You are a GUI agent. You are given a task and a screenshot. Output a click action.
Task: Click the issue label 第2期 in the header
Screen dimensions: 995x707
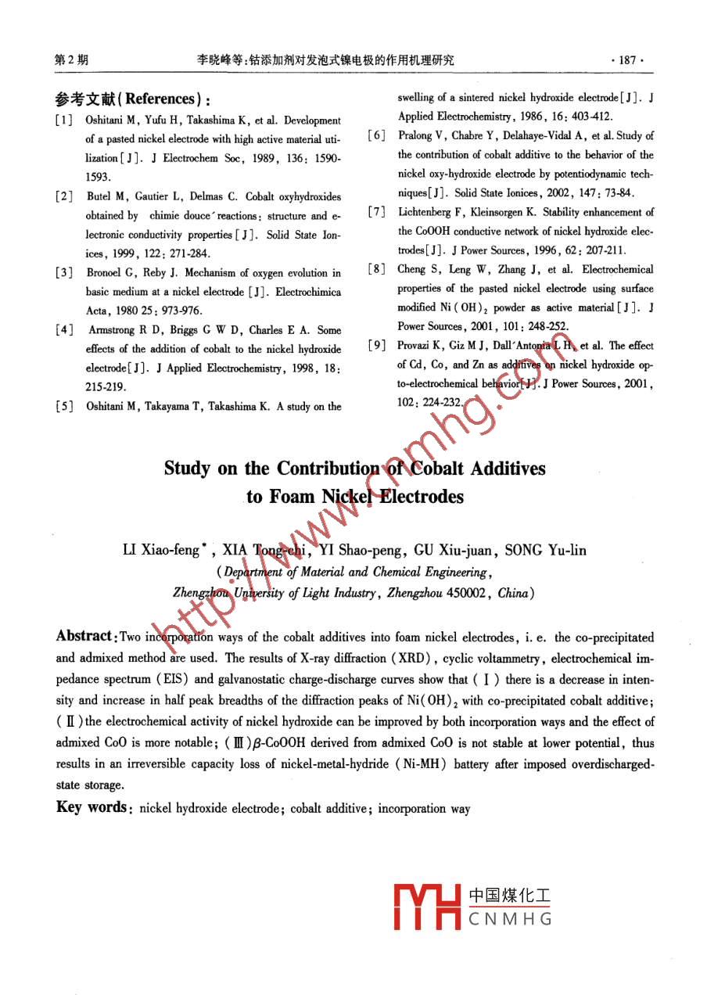pyautogui.click(x=70, y=59)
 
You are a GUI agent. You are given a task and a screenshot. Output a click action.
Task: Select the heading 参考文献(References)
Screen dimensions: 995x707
pyautogui.click(x=133, y=99)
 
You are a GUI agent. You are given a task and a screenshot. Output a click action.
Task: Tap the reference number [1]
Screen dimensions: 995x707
pyautogui.click(x=64, y=120)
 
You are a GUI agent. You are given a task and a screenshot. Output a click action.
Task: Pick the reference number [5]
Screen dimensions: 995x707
pyautogui.click(x=64, y=406)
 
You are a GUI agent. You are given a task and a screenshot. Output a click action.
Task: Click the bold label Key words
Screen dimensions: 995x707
pyautogui.click(x=91, y=807)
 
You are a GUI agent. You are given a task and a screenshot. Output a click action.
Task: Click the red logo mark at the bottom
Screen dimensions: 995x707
pyautogui.click(x=426, y=907)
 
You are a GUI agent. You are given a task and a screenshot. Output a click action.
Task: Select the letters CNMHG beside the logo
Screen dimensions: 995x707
pyautogui.click(x=511, y=919)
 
